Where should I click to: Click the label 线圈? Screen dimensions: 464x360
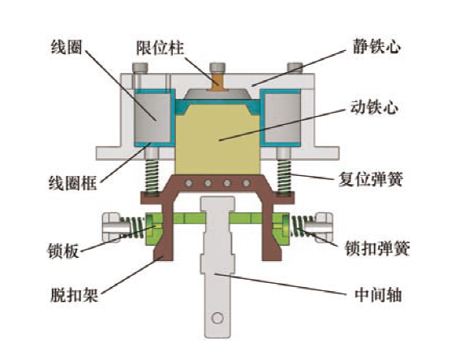coord(67,47)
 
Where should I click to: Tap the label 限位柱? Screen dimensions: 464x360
coord(160,48)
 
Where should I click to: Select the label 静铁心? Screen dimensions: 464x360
coord(376,47)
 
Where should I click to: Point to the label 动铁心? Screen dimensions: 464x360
coord(374,107)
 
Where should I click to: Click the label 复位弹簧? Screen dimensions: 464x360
coord(371,179)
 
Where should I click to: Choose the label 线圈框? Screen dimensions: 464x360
coord(73,183)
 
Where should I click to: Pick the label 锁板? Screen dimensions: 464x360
coord(63,251)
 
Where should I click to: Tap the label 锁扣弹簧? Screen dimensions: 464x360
coord(377,249)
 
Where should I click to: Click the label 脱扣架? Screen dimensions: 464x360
coord(75,294)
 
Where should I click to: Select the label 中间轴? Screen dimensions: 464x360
coord(378,294)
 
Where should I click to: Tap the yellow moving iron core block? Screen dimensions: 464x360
coord(217,139)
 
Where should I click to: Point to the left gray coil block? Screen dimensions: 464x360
coord(153,118)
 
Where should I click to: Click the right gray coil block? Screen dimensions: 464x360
coord(282,118)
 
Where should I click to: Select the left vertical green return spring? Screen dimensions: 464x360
coord(152,177)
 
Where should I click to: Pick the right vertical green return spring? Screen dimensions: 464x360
coord(284,177)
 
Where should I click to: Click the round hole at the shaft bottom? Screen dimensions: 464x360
coord(217,319)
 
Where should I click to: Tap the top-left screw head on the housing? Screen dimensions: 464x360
coord(140,68)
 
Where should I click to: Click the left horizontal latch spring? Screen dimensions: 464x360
coord(133,227)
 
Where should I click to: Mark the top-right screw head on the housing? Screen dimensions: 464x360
coord(295,68)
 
